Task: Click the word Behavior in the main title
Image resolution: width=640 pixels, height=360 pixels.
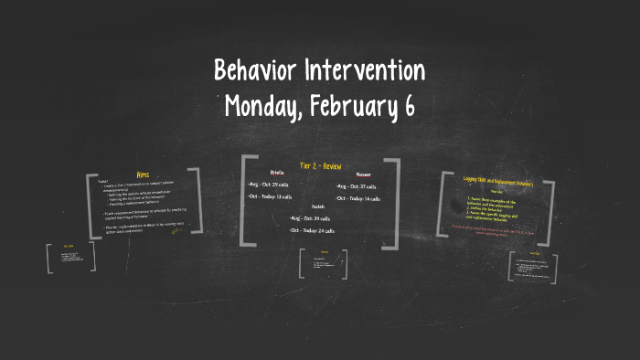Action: (x=255, y=70)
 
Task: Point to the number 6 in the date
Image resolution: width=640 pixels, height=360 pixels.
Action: (x=408, y=107)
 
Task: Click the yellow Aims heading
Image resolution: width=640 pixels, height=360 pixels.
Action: (x=143, y=175)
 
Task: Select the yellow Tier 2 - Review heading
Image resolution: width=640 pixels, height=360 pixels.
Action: (x=320, y=165)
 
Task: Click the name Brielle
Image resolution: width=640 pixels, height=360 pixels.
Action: (x=277, y=173)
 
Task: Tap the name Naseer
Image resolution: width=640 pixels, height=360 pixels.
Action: (x=363, y=174)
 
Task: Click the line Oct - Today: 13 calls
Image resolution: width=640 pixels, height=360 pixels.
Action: (x=271, y=196)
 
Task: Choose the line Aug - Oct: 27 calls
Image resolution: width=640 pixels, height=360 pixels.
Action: (x=357, y=185)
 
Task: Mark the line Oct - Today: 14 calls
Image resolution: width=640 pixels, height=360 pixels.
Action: (x=359, y=198)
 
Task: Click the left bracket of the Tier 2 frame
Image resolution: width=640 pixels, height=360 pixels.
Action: (x=244, y=201)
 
